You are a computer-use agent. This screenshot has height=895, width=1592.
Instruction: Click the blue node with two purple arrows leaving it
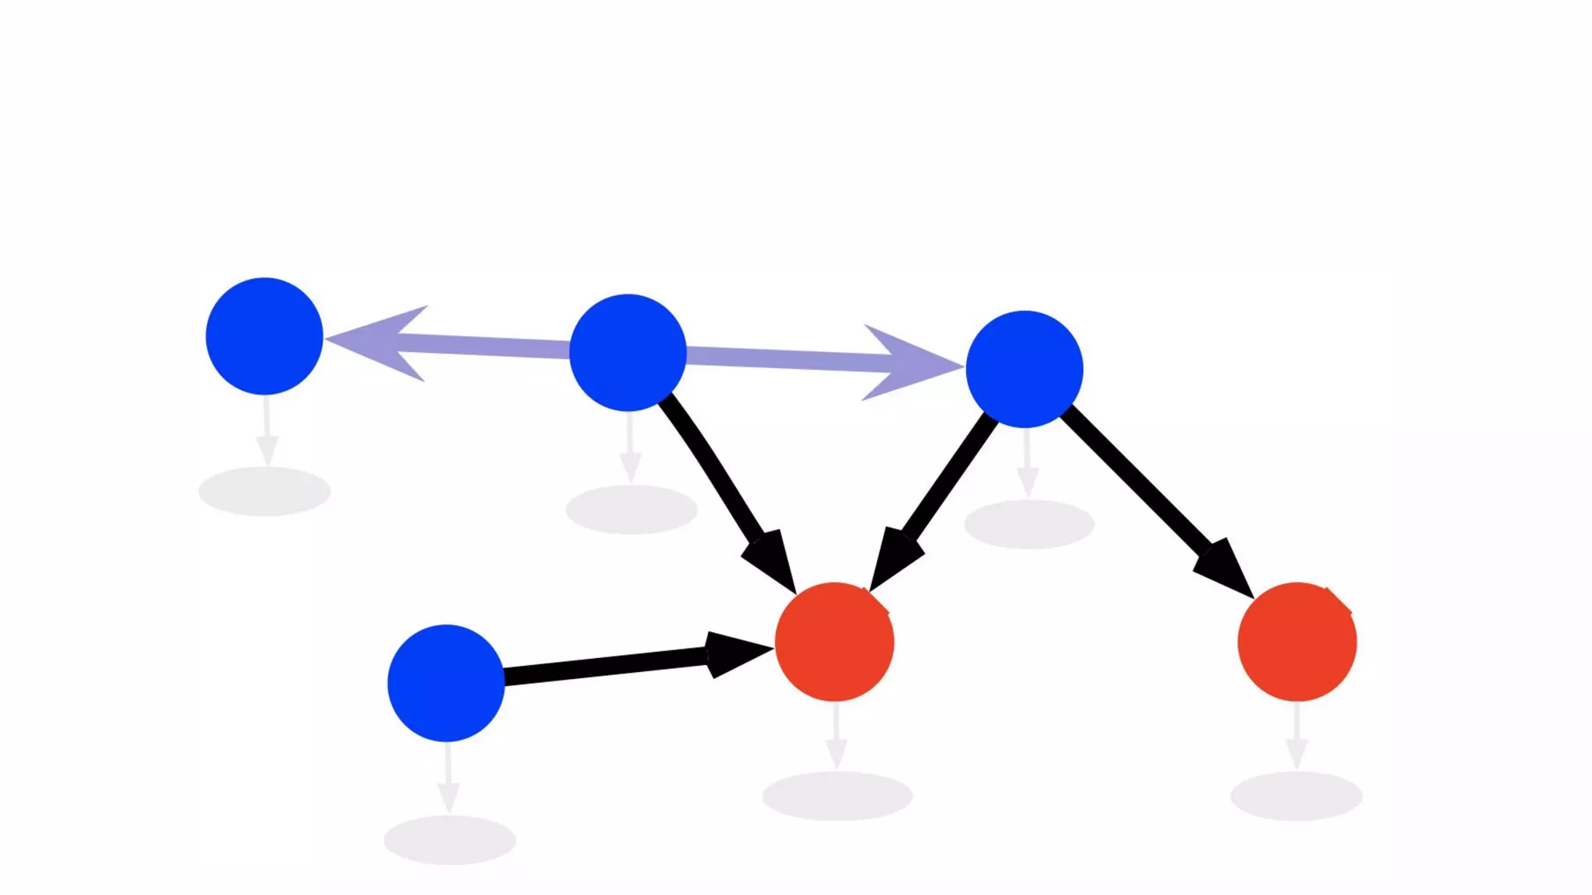tap(628, 352)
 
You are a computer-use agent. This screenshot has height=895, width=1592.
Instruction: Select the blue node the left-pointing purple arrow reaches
tap(264, 336)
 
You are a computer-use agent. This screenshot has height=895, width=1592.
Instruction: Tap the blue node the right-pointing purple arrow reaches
tap(1024, 369)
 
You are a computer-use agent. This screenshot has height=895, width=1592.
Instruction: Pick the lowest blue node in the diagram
tap(446, 683)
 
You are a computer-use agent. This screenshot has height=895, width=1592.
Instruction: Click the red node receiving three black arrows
tap(834, 642)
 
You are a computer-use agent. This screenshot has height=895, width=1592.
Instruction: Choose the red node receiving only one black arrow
tap(1297, 642)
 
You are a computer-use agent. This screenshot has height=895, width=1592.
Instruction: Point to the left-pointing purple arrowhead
tap(381, 342)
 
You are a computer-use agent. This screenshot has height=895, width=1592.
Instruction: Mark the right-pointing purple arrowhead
tap(909, 363)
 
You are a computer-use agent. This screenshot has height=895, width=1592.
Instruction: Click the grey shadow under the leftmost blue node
tap(264, 491)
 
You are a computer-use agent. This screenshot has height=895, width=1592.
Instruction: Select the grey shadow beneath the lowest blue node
tap(449, 840)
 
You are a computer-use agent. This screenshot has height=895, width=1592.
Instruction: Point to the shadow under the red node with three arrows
tap(837, 796)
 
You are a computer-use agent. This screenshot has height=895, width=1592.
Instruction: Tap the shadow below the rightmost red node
tap(1296, 796)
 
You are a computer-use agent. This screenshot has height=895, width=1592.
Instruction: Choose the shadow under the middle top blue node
tap(631, 510)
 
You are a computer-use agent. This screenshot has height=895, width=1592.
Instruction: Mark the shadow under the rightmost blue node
tap(1028, 524)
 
